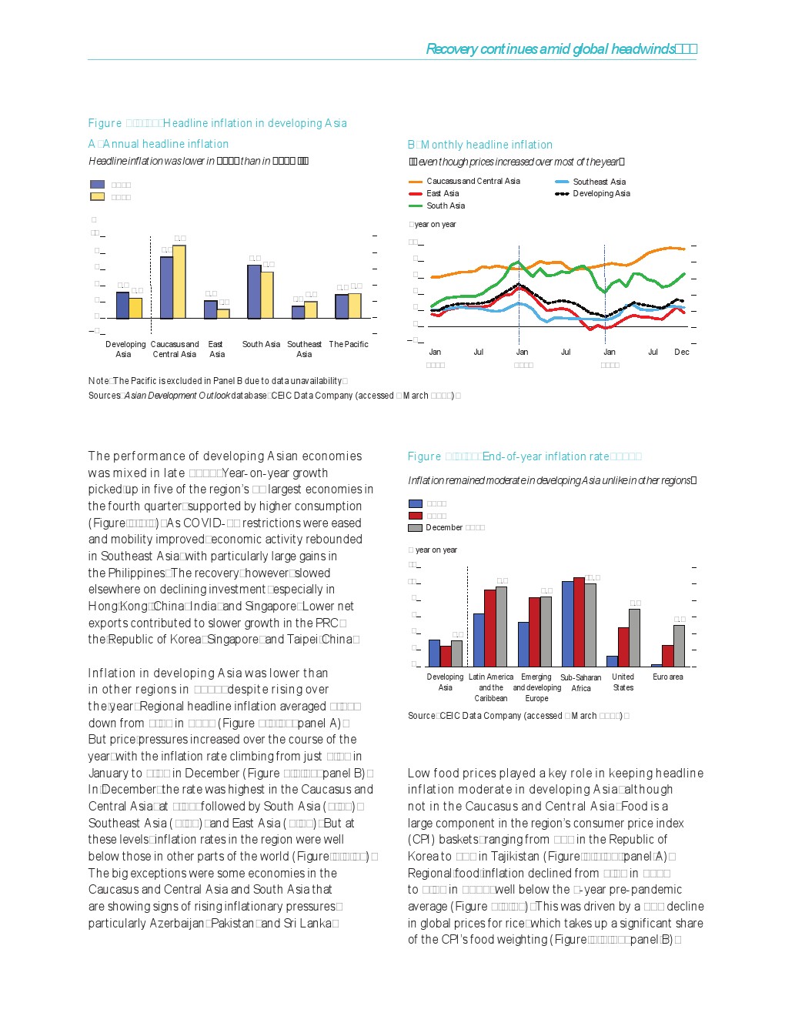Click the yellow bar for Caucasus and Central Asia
[179, 282]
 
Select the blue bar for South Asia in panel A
[253, 292]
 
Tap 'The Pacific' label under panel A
[349, 344]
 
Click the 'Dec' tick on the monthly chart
[682, 352]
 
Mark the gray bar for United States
[635, 638]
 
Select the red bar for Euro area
[668, 656]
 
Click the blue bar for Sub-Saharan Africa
[567, 624]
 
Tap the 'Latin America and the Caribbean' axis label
[491, 687]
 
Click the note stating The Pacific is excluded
[218, 381]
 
